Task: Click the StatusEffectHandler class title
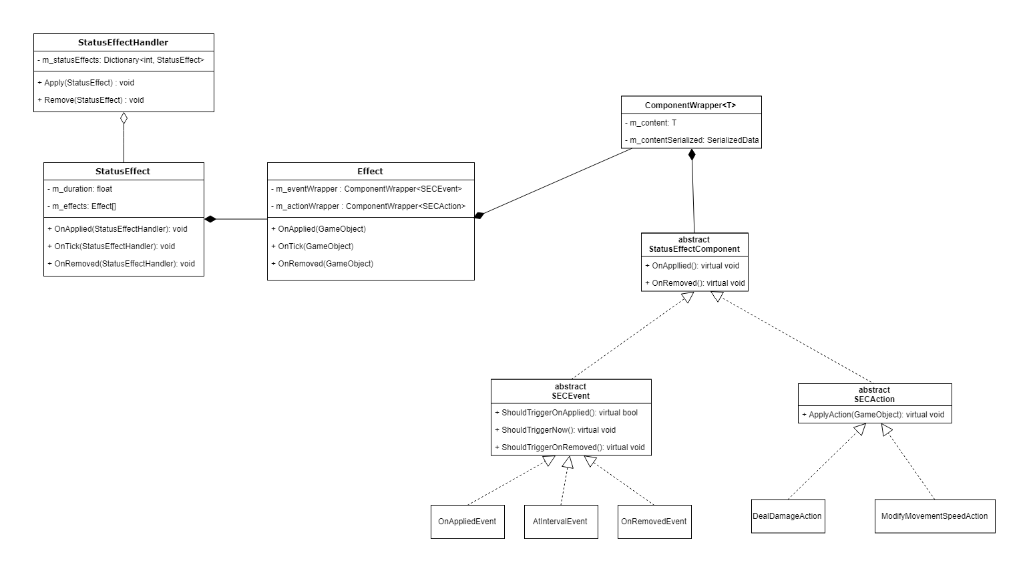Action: (124, 43)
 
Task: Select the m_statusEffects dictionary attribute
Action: (121, 60)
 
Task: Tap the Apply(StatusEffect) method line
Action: (86, 83)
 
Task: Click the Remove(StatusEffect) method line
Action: (91, 100)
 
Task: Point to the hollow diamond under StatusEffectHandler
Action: (124, 119)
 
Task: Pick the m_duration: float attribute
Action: (80, 189)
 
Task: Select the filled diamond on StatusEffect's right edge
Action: (210, 219)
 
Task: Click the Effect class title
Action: (371, 172)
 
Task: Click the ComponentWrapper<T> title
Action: (690, 106)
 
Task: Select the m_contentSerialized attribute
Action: (691, 141)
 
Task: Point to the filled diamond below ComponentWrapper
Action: (692, 155)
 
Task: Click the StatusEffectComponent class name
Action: (694, 249)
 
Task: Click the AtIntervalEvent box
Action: (560, 522)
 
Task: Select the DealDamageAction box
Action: (787, 516)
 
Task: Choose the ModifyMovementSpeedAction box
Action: (934, 516)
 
